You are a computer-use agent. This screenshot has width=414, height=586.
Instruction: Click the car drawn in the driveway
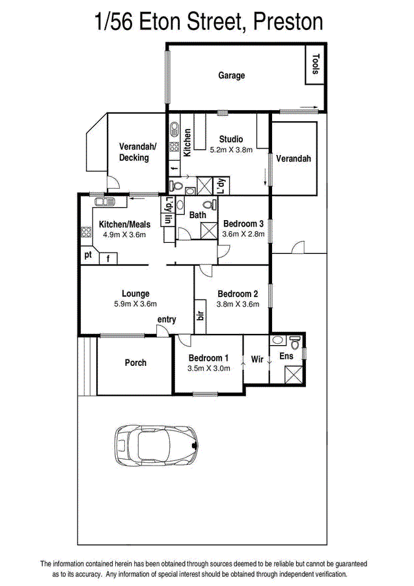click(157, 446)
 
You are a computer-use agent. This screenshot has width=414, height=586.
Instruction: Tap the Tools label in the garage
click(316, 64)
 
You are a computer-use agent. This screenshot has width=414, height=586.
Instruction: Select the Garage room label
click(232, 76)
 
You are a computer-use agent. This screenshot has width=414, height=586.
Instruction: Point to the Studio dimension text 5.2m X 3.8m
click(231, 150)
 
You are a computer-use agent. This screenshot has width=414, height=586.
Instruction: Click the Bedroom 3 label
click(243, 223)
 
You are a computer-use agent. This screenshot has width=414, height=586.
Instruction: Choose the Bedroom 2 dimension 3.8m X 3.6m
click(238, 304)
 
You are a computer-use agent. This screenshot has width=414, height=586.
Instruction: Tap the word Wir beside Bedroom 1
click(257, 359)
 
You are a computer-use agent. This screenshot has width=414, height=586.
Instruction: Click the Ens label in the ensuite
click(286, 356)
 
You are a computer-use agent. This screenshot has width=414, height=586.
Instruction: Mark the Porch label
click(135, 363)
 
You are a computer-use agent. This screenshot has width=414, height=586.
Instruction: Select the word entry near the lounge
click(167, 320)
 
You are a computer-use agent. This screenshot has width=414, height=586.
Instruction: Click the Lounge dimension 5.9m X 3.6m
click(135, 304)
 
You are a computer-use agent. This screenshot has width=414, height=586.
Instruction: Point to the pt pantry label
click(88, 255)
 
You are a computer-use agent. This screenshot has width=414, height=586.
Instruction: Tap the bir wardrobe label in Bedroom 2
click(200, 315)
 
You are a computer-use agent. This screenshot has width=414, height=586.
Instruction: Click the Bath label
click(198, 215)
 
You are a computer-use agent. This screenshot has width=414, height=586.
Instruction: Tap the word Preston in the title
click(288, 21)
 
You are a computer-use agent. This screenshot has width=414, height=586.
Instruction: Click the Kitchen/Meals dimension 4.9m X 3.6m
click(124, 234)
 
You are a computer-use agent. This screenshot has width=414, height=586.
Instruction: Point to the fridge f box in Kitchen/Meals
click(108, 258)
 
